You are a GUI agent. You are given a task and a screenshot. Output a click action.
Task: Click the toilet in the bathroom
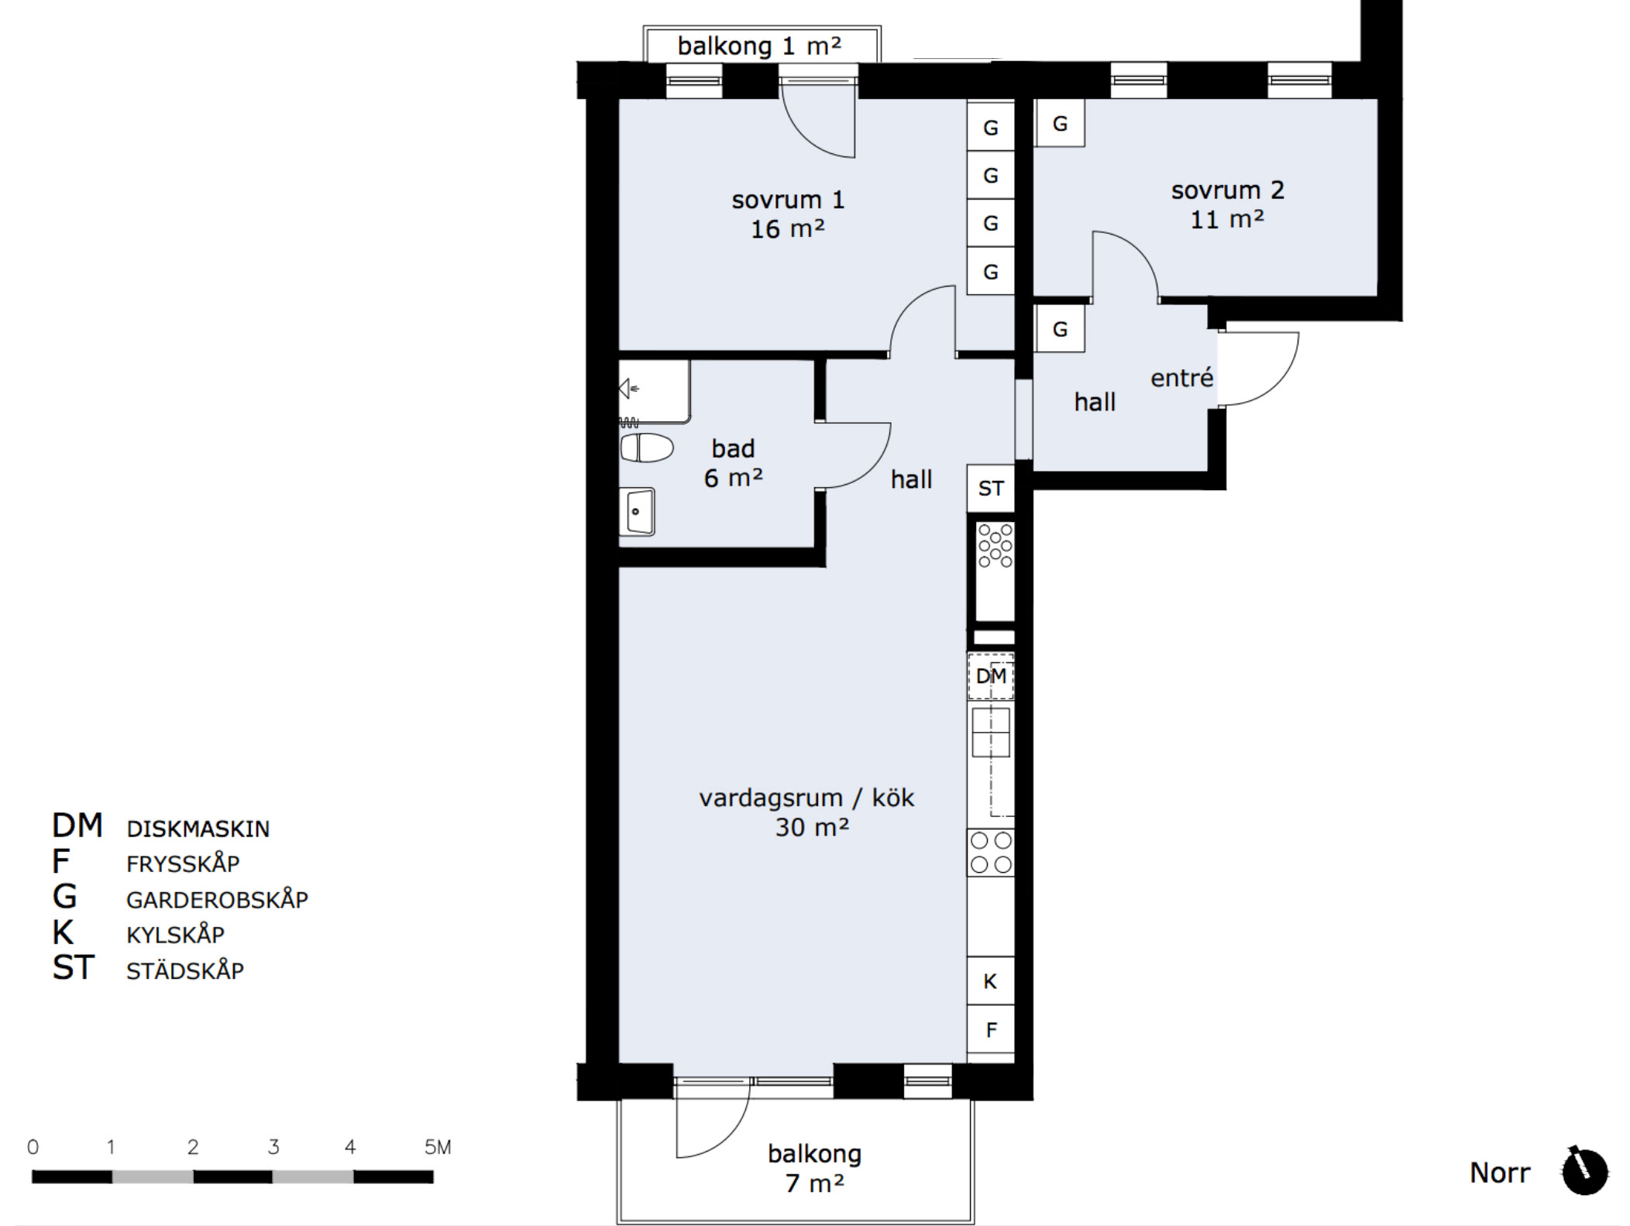tap(647, 448)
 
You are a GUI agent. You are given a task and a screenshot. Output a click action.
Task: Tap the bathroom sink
tap(637, 512)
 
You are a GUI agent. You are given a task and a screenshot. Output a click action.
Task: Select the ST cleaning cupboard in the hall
tap(991, 489)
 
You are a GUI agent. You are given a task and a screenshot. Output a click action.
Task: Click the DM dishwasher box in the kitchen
tap(991, 676)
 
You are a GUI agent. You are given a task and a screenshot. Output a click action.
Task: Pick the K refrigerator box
tap(991, 981)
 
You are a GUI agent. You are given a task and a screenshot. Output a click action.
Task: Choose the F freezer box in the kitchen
tap(991, 1030)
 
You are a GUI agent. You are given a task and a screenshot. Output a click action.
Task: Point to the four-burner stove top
tap(991, 852)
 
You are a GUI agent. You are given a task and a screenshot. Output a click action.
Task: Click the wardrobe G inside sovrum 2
tap(1060, 123)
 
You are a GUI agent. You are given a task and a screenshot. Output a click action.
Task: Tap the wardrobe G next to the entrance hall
tap(1060, 329)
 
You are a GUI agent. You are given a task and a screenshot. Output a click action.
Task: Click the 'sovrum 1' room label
tap(788, 200)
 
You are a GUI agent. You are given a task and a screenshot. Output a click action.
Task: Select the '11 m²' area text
tap(1227, 220)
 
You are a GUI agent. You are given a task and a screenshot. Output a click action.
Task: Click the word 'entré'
tap(1181, 378)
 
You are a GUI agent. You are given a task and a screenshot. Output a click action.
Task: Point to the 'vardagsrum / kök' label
tap(806, 798)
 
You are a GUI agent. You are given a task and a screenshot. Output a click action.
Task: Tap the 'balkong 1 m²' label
tap(759, 46)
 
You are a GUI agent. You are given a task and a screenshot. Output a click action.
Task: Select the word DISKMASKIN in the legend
tap(198, 829)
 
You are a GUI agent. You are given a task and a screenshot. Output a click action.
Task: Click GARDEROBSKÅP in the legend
tap(217, 899)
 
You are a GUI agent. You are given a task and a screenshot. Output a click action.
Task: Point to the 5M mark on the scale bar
tap(438, 1147)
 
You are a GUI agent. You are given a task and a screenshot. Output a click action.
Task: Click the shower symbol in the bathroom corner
tap(629, 389)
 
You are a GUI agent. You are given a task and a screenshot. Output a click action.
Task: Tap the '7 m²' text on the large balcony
tap(814, 1183)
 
